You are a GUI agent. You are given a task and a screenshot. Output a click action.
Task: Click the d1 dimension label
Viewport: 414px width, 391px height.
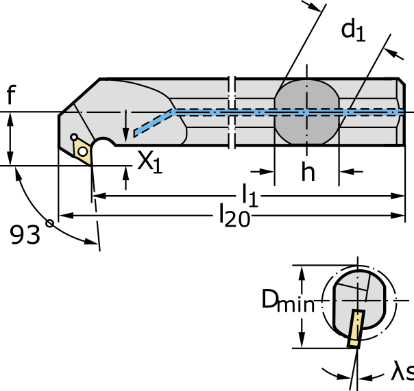(352, 29)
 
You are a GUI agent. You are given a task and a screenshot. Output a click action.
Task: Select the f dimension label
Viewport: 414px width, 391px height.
(10, 94)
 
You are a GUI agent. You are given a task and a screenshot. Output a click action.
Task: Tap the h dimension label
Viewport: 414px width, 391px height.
(308, 172)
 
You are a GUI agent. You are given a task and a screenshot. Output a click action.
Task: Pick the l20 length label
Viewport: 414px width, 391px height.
(232, 215)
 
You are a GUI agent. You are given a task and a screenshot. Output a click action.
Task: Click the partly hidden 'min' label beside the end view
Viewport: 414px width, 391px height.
(297, 305)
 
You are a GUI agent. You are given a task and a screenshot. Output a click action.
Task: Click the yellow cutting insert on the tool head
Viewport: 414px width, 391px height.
(82, 151)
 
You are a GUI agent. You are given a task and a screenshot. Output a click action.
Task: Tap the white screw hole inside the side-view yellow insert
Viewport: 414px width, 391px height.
(82, 151)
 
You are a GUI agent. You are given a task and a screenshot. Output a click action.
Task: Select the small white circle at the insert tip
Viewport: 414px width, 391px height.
(74, 138)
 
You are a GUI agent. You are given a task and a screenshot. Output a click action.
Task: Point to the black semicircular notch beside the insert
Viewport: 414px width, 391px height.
(103, 146)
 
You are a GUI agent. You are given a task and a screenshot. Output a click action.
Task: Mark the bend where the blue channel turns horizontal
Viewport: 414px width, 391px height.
(173, 111)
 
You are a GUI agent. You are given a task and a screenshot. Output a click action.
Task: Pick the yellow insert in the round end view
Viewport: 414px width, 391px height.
(356, 327)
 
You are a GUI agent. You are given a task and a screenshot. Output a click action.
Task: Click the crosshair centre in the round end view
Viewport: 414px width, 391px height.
(358, 299)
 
